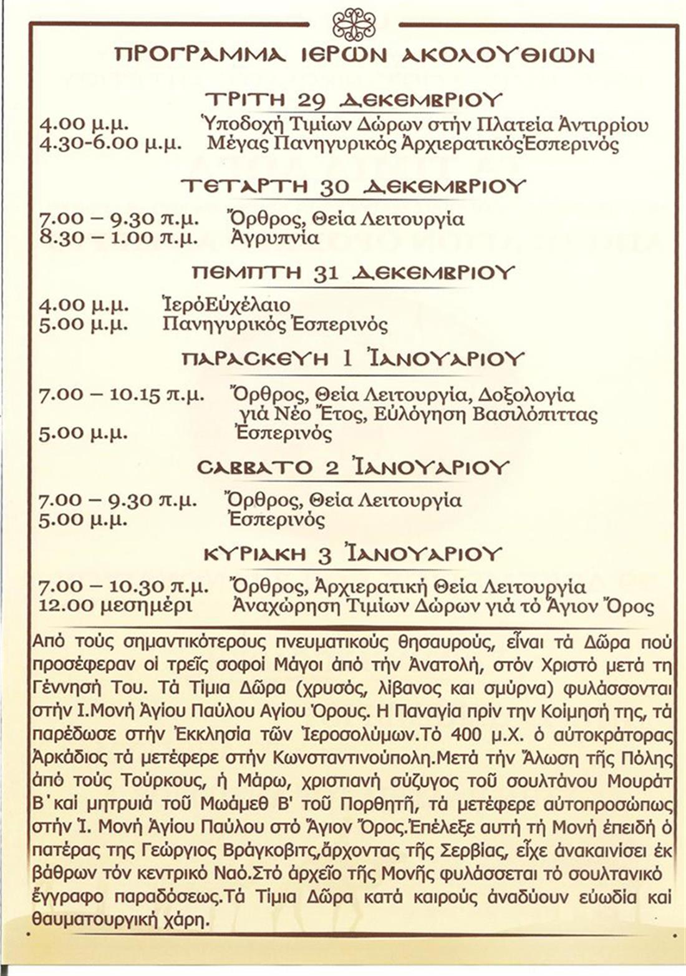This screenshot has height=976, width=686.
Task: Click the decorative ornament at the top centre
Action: click(354, 24)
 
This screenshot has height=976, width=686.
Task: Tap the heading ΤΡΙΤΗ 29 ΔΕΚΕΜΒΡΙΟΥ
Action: click(354, 100)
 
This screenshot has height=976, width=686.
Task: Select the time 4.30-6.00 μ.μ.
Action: click(110, 144)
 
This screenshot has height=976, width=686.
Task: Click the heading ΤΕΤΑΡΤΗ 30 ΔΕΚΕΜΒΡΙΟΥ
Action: click(353, 186)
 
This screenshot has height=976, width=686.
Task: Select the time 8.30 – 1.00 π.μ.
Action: click(118, 238)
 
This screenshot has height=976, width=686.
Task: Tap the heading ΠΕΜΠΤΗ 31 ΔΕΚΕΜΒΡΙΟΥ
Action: click(353, 273)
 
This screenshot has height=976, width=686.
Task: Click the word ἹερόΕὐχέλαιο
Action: click(226, 305)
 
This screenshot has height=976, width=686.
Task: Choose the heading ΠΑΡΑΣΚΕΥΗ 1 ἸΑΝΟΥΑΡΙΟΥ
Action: click(353, 359)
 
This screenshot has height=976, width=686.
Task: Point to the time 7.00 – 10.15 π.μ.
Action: click(121, 395)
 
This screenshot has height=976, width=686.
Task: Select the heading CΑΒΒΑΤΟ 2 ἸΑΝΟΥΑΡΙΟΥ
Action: click(353, 468)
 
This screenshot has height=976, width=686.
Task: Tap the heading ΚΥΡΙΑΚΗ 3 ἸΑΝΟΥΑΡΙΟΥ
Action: click(353, 554)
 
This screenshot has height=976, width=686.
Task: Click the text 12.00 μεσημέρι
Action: click(116, 606)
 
